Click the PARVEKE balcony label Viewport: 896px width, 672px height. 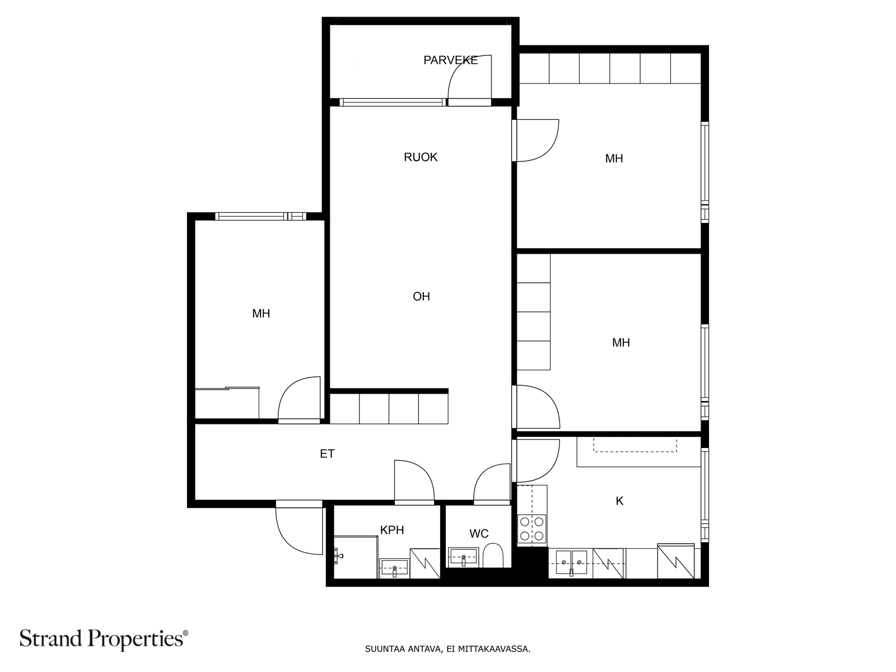[x=450, y=60]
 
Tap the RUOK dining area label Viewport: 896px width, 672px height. [x=421, y=157]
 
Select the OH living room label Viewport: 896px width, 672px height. [x=421, y=296]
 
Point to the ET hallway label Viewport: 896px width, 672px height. [x=327, y=454]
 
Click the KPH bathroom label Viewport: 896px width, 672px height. [x=392, y=530]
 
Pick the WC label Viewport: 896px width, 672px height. [x=479, y=533]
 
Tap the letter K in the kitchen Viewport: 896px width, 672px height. [x=619, y=501]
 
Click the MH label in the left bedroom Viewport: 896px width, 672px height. [x=261, y=314]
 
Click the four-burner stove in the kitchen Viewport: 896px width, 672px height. [x=532, y=529]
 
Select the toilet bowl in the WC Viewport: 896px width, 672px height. [x=493, y=556]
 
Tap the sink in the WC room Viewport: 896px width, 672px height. [x=463, y=557]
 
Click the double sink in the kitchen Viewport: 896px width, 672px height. [x=572, y=562]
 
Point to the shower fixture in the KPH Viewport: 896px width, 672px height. [x=338, y=556]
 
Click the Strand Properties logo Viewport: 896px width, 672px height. [x=104, y=639]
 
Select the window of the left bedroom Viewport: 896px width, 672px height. [x=260, y=216]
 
